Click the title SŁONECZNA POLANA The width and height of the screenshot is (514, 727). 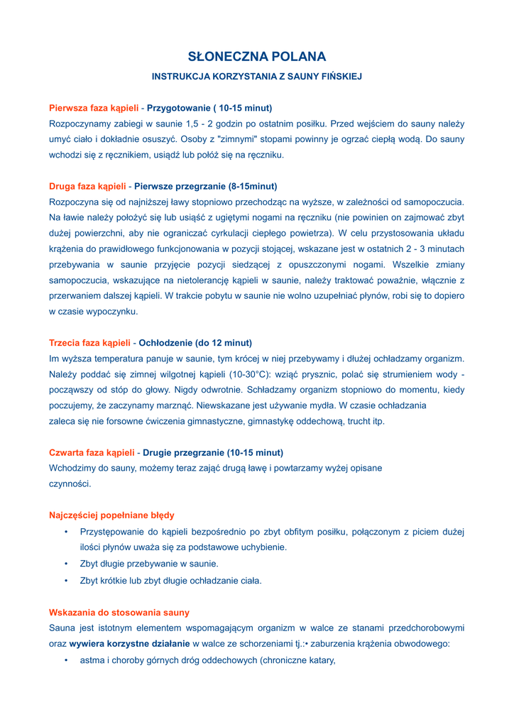(x=257, y=57)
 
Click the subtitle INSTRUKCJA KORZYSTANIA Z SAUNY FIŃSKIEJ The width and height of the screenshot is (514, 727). (x=257, y=76)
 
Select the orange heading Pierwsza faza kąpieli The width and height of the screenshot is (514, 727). (x=94, y=108)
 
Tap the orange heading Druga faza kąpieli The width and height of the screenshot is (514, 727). (x=87, y=186)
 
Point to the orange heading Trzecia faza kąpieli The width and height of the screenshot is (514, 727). (x=89, y=342)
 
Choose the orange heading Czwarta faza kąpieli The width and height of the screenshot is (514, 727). (x=92, y=452)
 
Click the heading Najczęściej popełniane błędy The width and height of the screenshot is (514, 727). (x=111, y=515)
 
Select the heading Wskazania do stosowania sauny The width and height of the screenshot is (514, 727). (x=119, y=612)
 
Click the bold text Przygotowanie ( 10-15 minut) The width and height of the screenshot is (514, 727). (x=209, y=108)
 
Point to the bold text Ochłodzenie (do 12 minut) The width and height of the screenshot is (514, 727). (x=195, y=342)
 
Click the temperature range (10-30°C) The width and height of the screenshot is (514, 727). (x=255, y=374)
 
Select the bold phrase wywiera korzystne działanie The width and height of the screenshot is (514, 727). (x=129, y=644)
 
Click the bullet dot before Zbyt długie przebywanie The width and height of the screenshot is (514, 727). (x=65, y=564)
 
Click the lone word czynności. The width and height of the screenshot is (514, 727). (x=70, y=483)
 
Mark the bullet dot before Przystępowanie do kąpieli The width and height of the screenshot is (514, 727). (x=65, y=531)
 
